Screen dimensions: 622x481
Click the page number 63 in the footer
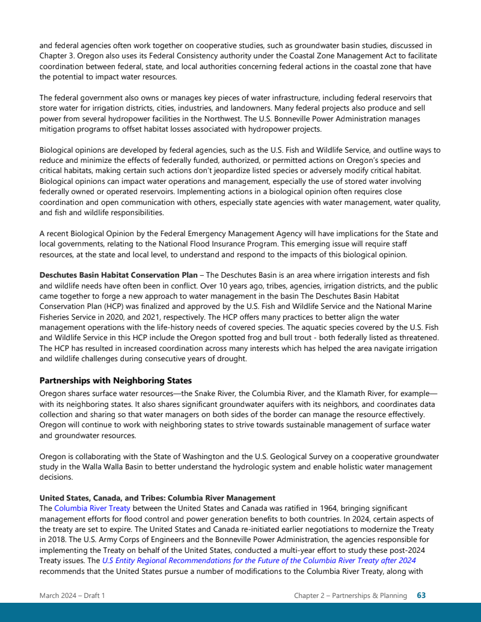(421, 596)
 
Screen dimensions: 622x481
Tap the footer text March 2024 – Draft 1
(72, 596)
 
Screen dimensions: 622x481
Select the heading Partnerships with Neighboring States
(115, 380)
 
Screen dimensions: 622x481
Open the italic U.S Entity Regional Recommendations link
(259, 560)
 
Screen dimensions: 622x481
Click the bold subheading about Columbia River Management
(157, 498)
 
